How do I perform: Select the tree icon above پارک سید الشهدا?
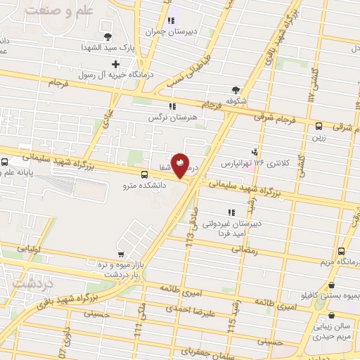107,37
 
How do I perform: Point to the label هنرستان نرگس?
169,118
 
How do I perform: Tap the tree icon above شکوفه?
235,89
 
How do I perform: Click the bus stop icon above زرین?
320,127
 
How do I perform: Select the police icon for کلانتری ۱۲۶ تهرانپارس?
254,151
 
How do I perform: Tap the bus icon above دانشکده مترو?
144,174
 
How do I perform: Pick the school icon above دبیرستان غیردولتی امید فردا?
230,212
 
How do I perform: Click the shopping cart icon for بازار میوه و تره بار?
122,254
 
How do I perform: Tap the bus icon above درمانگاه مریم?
341,252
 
